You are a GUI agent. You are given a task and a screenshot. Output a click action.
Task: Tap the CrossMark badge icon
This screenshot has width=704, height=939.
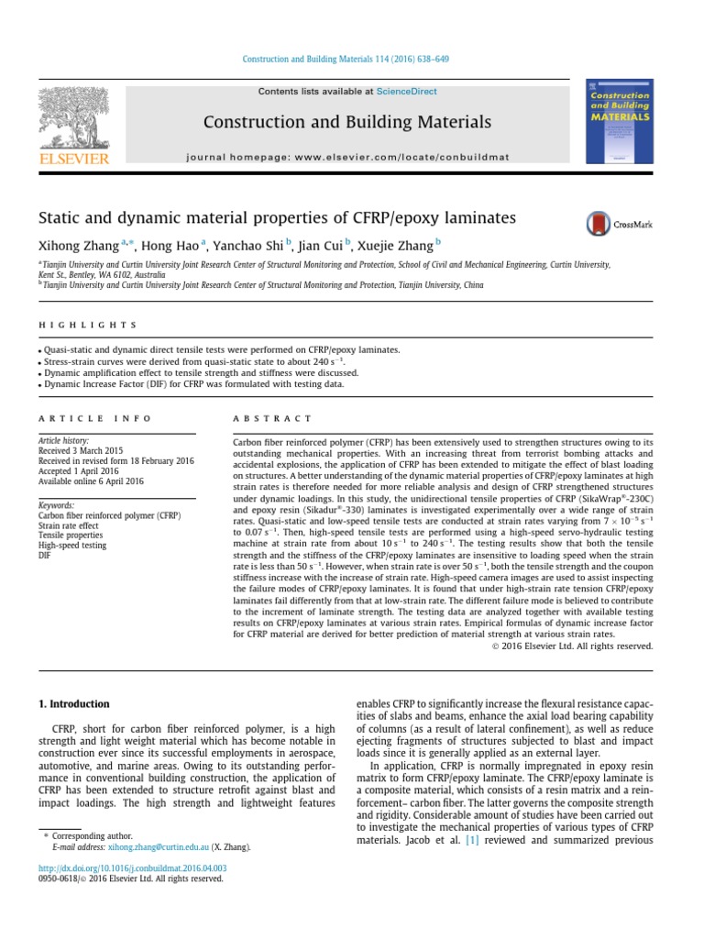[599, 224]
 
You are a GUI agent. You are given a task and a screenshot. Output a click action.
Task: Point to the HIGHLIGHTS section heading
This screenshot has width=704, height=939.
[88, 325]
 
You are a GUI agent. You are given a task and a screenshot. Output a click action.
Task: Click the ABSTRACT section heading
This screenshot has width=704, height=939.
[273, 418]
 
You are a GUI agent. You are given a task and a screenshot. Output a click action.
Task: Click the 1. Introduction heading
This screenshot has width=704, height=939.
[72, 704]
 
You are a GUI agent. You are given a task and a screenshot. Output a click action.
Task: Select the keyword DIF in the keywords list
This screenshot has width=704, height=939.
[45, 557]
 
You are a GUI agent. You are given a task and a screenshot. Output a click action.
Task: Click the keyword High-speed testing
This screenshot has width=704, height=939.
[72, 546]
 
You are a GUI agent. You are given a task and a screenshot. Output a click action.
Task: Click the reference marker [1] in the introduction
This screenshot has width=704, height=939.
[473, 840]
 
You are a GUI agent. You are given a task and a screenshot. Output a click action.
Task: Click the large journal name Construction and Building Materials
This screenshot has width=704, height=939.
[346, 122]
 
